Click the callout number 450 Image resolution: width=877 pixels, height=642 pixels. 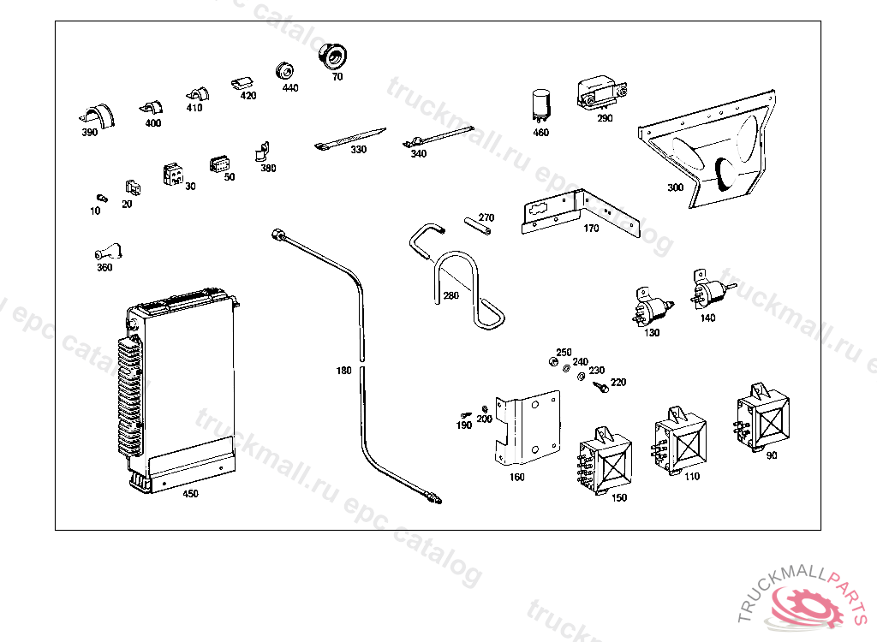click(190, 494)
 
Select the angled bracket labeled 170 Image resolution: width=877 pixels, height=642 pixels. click(582, 213)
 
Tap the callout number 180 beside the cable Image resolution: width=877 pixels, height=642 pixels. click(343, 371)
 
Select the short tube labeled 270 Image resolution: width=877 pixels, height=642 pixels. click(480, 228)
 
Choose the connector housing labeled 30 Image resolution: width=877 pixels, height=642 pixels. click(173, 174)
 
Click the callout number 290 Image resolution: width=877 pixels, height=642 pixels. click(605, 118)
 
